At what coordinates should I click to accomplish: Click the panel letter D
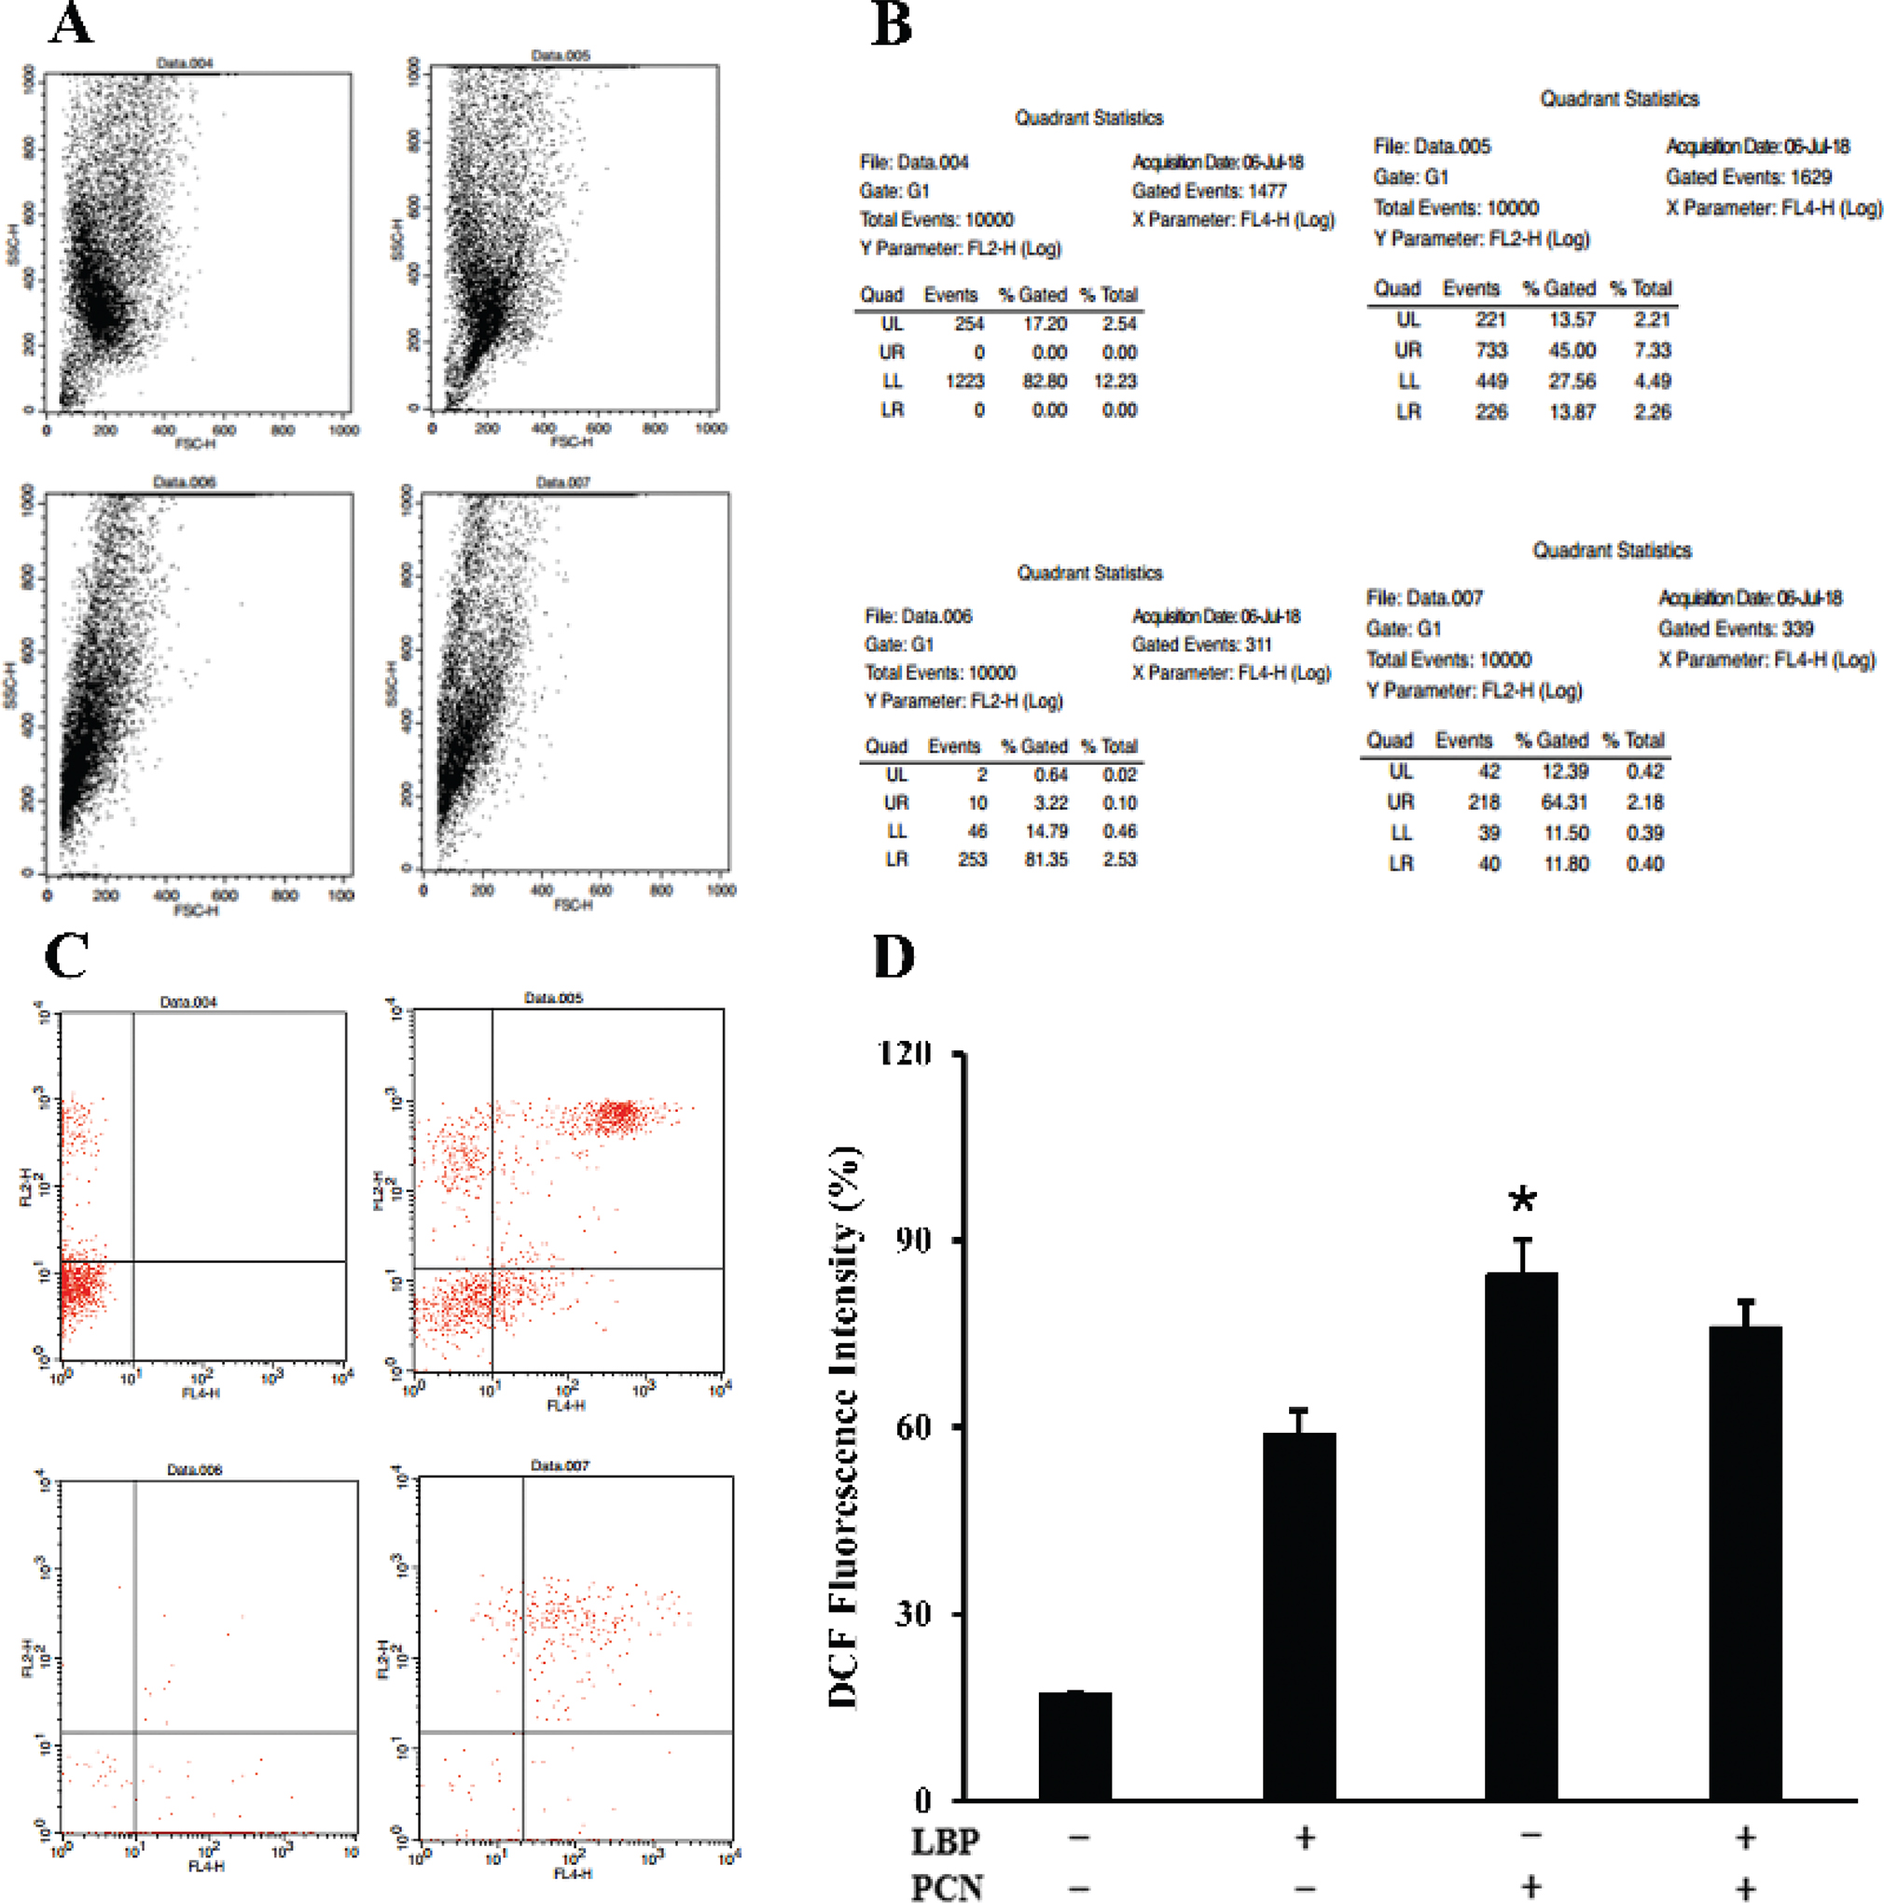[x=894, y=956]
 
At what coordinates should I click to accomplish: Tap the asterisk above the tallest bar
[x=1522, y=1200]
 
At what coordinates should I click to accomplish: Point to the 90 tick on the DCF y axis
[x=913, y=1240]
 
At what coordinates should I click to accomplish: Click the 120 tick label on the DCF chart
[x=904, y=1054]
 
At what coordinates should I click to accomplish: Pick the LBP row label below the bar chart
[x=946, y=1839]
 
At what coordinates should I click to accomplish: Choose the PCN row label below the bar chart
[x=947, y=1886]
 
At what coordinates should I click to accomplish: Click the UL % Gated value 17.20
[x=1045, y=324]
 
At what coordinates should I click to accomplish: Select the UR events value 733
[x=1491, y=351]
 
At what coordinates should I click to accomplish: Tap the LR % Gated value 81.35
[x=1045, y=859]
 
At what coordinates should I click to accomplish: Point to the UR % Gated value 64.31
[x=1564, y=802]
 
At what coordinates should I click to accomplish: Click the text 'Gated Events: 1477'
[x=1210, y=191]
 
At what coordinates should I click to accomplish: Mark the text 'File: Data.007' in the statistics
[x=1424, y=598]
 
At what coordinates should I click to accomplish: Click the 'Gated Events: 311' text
[x=1201, y=645]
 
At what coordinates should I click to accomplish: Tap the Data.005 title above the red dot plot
[x=553, y=998]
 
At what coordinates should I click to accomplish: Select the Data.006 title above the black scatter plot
[x=184, y=481]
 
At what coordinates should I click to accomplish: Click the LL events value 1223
[x=964, y=382]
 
